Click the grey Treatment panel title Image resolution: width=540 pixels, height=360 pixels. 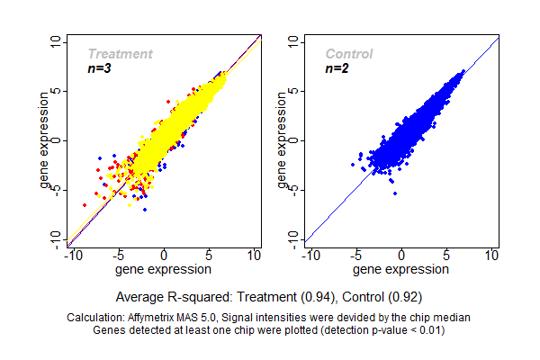(120, 54)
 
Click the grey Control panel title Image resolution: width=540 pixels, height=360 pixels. (349, 54)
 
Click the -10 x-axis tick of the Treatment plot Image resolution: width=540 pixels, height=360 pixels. (74, 256)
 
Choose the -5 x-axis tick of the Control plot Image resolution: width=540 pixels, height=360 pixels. (355, 256)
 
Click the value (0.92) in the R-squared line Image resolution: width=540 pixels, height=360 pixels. (404, 296)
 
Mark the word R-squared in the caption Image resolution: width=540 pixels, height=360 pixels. (193, 296)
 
